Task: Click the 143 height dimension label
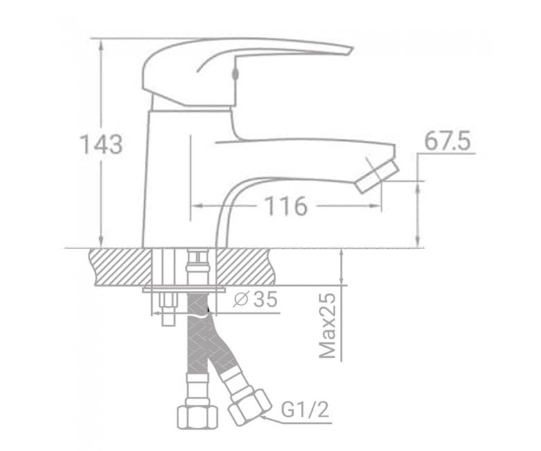(101, 144)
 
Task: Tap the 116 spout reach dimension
(286, 206)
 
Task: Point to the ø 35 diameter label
(255, 299)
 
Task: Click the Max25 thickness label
(327, 326)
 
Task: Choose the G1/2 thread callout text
(305, 409)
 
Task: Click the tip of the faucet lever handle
(352, 50)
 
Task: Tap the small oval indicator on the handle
(236, 74)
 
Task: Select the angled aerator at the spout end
(377, 177)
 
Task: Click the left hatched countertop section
(121, 266)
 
